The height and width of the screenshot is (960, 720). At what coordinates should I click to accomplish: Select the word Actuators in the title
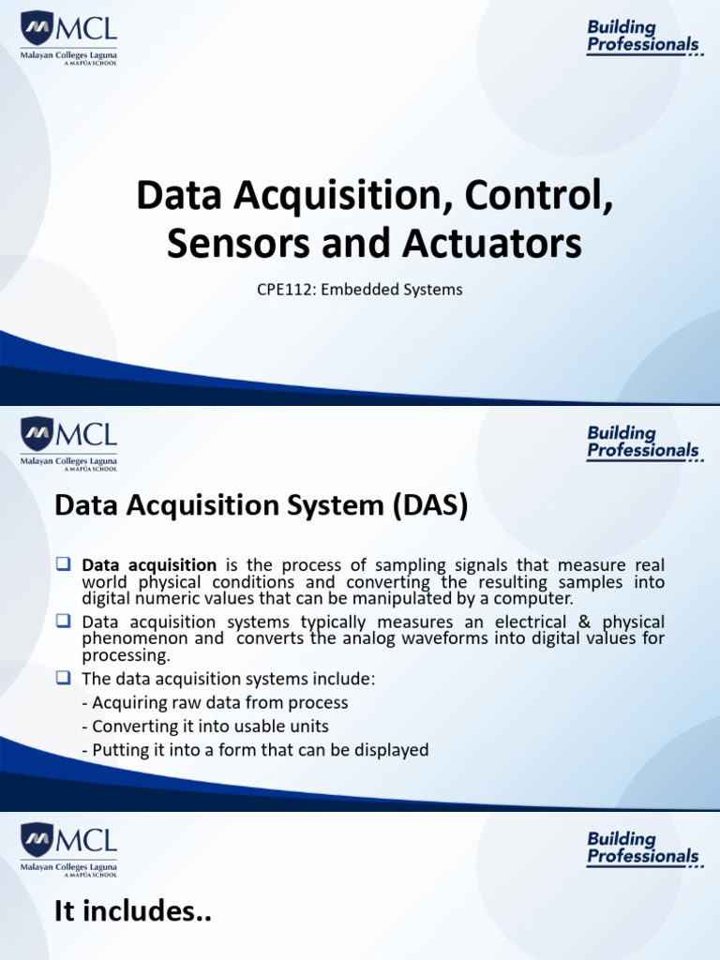(x=494, y=243)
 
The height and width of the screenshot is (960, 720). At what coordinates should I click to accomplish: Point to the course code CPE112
(x=285, y=290)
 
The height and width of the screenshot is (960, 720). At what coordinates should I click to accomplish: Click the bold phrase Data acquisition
(x=149, y=565)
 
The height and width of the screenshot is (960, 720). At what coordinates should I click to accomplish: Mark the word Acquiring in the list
(x=131, y=702)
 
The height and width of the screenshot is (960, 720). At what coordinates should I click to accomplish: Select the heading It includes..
(x=132, y=912)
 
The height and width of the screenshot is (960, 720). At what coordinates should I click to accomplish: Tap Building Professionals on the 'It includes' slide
(x=643, y=847)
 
